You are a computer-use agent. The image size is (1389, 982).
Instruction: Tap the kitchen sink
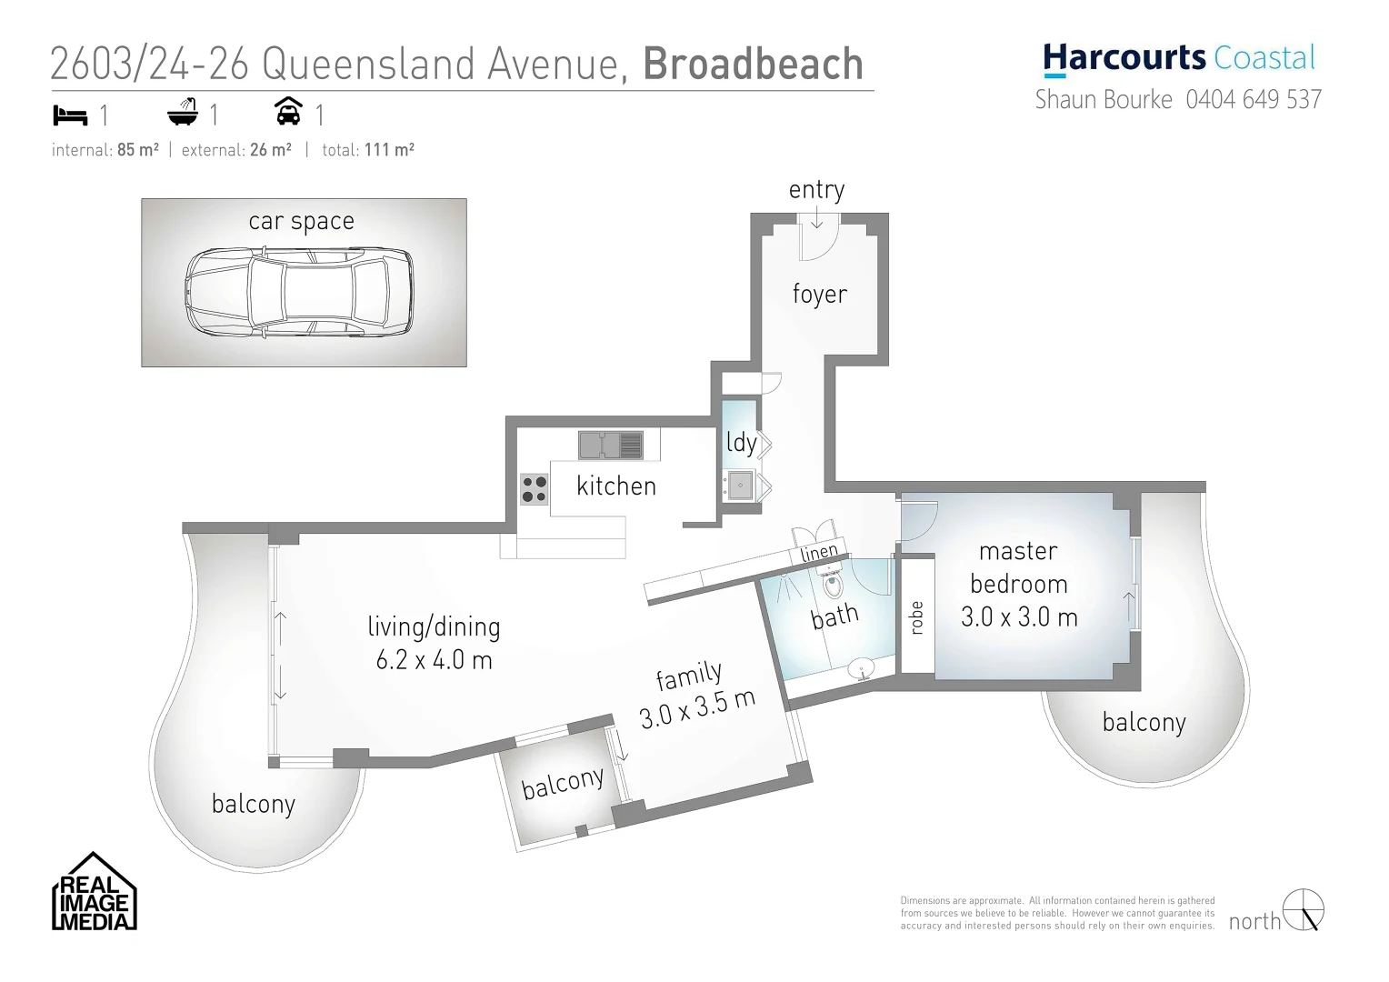[610, 446]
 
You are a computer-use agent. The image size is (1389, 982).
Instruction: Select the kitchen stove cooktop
[534, 489]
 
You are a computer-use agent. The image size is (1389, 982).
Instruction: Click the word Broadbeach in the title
[754, 64]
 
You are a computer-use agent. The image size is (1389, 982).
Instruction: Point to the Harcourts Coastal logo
[1179, 58]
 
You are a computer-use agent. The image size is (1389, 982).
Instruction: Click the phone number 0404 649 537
[1254, 99]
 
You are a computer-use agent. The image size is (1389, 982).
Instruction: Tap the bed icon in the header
[70, 115]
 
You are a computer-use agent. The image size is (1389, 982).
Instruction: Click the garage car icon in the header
[288, 112]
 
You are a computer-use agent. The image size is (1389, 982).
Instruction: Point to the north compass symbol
[1304, 910]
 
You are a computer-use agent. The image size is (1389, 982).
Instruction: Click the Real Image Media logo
[95, 893]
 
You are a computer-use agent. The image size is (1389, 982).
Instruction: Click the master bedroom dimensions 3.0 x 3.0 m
[1019, 617]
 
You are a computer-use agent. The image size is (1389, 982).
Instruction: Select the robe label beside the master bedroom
[916, 617]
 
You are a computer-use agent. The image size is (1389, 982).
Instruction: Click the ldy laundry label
[741, 443]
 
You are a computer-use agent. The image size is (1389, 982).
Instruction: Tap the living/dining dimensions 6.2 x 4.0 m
[434, 659]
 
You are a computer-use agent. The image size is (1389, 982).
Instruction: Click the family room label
[689, 676]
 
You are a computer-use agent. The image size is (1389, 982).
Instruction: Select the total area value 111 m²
[389, 150]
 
